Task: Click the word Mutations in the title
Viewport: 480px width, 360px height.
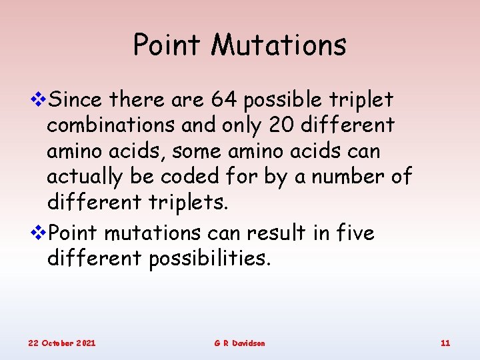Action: [279, 45]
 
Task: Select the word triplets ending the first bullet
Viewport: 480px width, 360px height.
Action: [186, 203]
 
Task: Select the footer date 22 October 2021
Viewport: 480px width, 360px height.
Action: [61, 343]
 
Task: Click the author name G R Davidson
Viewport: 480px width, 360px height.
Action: [239, 343]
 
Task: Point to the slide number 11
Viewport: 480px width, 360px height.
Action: [445, 343]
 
